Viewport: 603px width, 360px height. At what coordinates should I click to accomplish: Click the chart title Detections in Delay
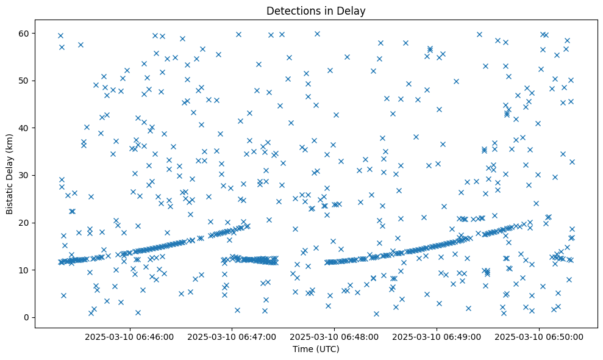point(315,10)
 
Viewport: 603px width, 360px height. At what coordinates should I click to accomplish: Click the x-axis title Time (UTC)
point(315,349)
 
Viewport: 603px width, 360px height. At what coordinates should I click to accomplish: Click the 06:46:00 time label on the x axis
point(129,336)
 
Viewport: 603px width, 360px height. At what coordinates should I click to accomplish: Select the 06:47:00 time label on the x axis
point(232,336)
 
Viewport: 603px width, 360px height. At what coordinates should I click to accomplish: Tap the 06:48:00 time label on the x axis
point(334,336)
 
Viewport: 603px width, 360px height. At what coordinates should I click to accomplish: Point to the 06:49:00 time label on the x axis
point(437,336)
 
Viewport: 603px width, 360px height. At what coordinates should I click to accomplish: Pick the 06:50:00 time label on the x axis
point(539,336)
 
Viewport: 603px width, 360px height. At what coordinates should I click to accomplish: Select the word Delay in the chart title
point(353,10)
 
